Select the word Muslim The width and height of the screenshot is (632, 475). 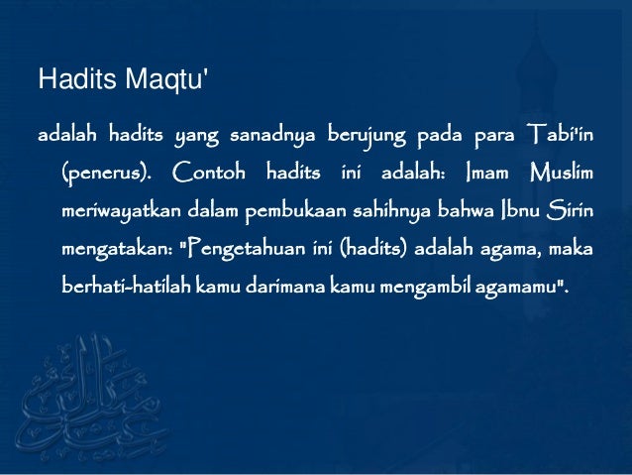tap(563, 176)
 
